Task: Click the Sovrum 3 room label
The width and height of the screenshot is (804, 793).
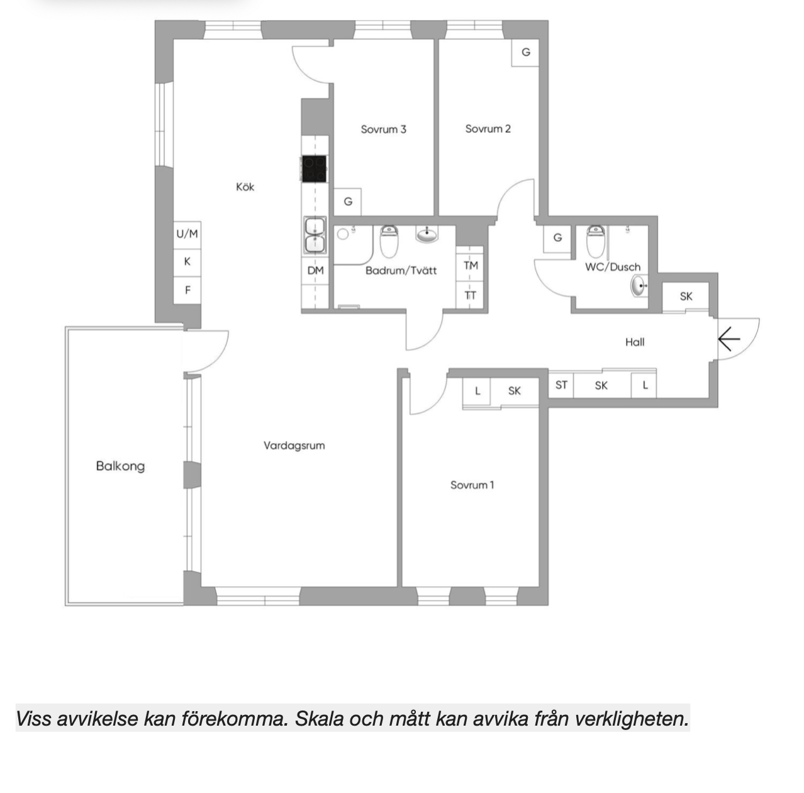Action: [383, 129]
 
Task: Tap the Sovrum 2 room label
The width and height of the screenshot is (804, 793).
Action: [488, 128]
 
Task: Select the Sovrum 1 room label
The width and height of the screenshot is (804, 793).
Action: [472, 485]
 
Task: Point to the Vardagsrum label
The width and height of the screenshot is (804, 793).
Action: [294, 446]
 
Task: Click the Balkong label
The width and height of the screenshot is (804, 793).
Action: [120, 466]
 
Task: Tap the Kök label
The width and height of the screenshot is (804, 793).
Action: [245, 187]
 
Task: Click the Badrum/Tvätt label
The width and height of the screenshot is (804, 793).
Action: [401, 271]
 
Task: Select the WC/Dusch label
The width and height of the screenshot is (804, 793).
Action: [612, 267]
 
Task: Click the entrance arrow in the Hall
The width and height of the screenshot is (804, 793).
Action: [729, 340]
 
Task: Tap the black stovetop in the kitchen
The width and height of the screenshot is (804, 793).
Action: [315, 169]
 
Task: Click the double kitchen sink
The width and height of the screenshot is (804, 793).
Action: [315, 235]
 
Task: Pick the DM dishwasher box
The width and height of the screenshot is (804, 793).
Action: [315, 271]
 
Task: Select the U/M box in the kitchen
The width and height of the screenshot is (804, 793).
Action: [187, 234]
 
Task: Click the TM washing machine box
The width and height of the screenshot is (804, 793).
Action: [471, 266]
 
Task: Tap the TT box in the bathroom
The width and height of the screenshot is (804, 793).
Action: [471, 295]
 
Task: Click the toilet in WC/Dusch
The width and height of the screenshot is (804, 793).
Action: [596, 240]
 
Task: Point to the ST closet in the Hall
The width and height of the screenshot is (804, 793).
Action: [561, 385]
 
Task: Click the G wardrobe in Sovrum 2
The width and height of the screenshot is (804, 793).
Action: [526, 52]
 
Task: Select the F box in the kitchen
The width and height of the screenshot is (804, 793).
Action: [187, 290]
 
